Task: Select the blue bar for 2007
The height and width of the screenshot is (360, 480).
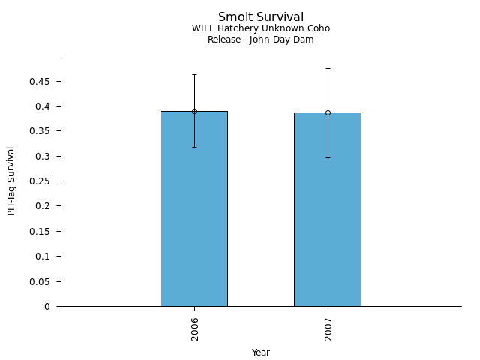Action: pos(327,209)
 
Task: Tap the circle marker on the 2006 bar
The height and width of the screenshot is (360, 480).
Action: pos(194,111)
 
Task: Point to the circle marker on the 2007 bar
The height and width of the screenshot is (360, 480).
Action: pos(328,112)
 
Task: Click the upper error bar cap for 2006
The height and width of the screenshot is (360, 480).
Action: pos(194,74)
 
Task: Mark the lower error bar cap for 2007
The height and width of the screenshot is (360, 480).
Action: pos(328,157)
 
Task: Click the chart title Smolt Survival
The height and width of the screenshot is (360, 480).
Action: pos(261,17)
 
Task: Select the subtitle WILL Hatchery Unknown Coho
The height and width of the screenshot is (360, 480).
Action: pos(261,28)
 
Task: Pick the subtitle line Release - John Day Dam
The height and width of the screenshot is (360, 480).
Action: pos(261,40)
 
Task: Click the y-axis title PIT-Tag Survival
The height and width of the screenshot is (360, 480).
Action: pos(11,181)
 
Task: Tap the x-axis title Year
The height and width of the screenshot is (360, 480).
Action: pos(261,352)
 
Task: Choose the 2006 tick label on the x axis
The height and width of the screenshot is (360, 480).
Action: pos(195,328)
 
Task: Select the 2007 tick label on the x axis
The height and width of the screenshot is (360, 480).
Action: pos(328,328)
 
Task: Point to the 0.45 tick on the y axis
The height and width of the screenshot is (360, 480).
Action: pos(40,81)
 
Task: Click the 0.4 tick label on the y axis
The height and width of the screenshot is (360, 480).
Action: pos(43,106)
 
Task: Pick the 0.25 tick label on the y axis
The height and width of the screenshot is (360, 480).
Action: pos(40,181)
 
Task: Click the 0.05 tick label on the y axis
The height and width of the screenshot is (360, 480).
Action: pos(40,281)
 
